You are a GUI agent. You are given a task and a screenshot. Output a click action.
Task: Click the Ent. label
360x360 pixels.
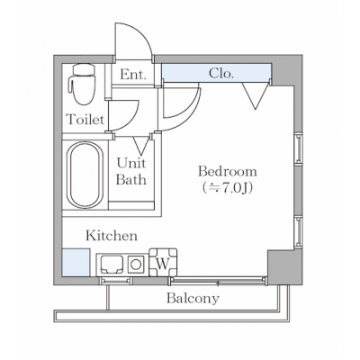133,74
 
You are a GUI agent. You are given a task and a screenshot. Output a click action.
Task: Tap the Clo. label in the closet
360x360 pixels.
220,73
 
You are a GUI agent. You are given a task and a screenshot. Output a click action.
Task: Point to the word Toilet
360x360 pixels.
85,120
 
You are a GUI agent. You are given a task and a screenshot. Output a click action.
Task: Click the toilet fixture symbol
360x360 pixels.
82,84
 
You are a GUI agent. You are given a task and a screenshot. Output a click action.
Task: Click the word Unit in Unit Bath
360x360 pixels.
131,163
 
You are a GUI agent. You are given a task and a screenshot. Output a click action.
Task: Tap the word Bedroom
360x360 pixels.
228,172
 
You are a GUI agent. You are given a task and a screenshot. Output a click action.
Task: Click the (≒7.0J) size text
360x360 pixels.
227,187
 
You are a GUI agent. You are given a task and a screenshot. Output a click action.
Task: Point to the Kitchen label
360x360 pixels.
112,236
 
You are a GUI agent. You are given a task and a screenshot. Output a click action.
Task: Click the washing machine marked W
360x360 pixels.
163,262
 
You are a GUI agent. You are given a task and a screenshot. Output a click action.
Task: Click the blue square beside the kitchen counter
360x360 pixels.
76,263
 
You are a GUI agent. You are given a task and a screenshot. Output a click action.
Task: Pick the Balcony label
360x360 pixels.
193,299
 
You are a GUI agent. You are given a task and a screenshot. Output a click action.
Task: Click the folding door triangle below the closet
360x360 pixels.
256,95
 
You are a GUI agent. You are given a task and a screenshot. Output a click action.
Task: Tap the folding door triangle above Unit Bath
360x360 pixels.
141,144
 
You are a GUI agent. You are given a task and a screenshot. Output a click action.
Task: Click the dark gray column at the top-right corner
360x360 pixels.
287,70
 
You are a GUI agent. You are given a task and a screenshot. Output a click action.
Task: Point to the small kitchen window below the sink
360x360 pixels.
115,281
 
